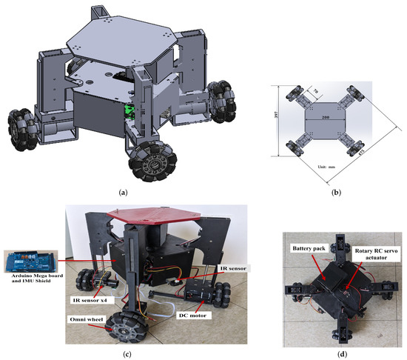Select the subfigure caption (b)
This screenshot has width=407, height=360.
tap(332, 192)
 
